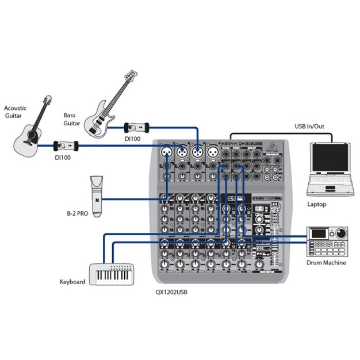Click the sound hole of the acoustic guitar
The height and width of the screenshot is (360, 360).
30,136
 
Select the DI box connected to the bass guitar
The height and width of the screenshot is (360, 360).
136,127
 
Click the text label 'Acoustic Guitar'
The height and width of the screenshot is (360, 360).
16,112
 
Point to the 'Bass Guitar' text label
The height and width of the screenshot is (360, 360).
72,119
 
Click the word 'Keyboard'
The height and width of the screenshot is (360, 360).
72,282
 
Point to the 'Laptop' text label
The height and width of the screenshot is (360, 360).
317,204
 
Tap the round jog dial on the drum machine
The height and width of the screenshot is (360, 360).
341,233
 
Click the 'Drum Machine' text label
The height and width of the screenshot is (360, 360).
327,263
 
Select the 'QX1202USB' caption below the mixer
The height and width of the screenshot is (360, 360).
171,292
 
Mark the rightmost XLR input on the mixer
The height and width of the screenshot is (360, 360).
212,152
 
